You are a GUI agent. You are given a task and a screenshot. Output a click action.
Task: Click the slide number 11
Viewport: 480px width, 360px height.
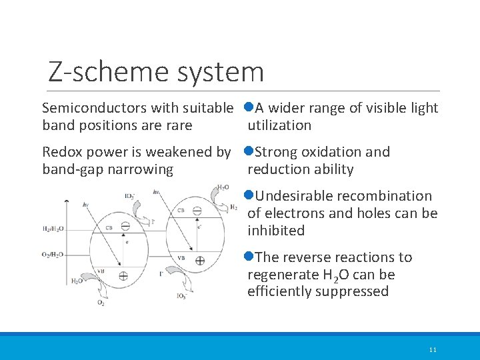coord(433,349)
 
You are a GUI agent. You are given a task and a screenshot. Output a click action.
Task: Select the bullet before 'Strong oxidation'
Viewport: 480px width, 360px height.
coord(248,152)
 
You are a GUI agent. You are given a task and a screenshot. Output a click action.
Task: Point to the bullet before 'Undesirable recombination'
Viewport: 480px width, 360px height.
coord(248,196)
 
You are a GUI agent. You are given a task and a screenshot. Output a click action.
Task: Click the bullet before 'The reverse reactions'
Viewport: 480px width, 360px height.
coord(248,257)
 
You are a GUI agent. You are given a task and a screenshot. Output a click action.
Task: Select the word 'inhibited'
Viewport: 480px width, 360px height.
coord(276,231)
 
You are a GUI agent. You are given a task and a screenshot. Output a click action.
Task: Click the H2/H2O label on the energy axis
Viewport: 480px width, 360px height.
coord(53,229)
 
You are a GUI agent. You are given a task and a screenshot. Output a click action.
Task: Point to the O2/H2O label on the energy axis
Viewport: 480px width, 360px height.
coord(53,254)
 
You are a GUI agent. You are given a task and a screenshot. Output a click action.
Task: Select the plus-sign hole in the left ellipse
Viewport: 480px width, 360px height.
coord(123,275)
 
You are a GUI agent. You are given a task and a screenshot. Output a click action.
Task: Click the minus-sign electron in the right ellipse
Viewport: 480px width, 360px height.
coord(197,211)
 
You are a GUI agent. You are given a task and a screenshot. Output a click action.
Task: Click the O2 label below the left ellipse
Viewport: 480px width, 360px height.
coord(101,303)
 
